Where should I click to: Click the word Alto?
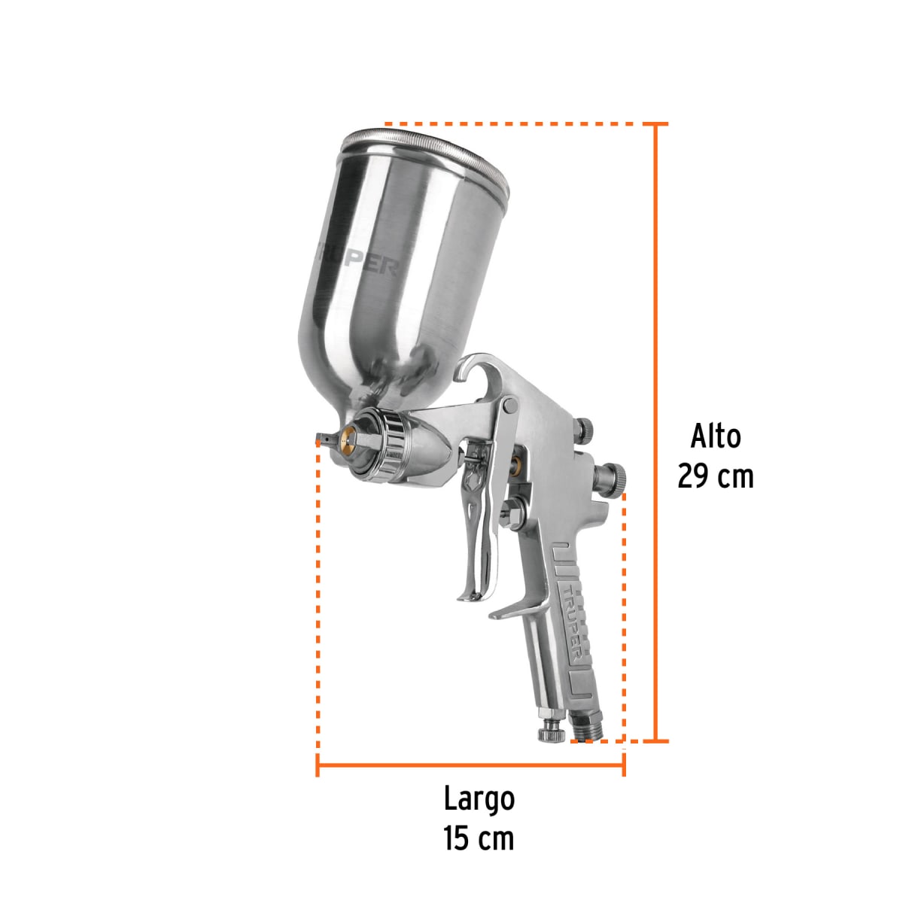coord(716,436)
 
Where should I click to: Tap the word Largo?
coord(479,799)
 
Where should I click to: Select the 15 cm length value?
coord(479,838)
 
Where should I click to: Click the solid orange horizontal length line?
coord(470,768)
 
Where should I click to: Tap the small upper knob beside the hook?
coord(585,430)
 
